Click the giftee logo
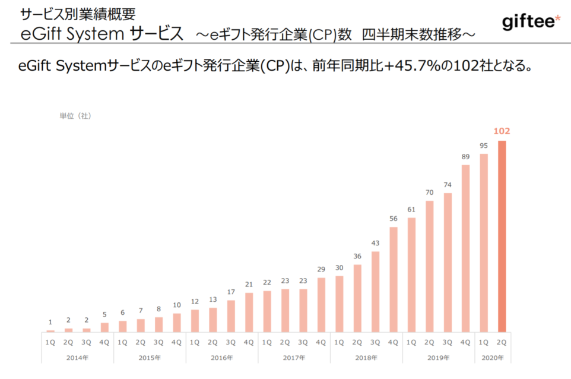531,23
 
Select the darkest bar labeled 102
502,236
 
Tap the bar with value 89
466,248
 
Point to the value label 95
484,145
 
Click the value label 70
430,192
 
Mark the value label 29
321,269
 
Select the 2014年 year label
77,358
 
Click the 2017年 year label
294,358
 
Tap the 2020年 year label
493,358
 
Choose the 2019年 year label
439,358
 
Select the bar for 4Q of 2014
104,327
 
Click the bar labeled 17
231,315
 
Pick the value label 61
411,209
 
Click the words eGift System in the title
71,34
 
